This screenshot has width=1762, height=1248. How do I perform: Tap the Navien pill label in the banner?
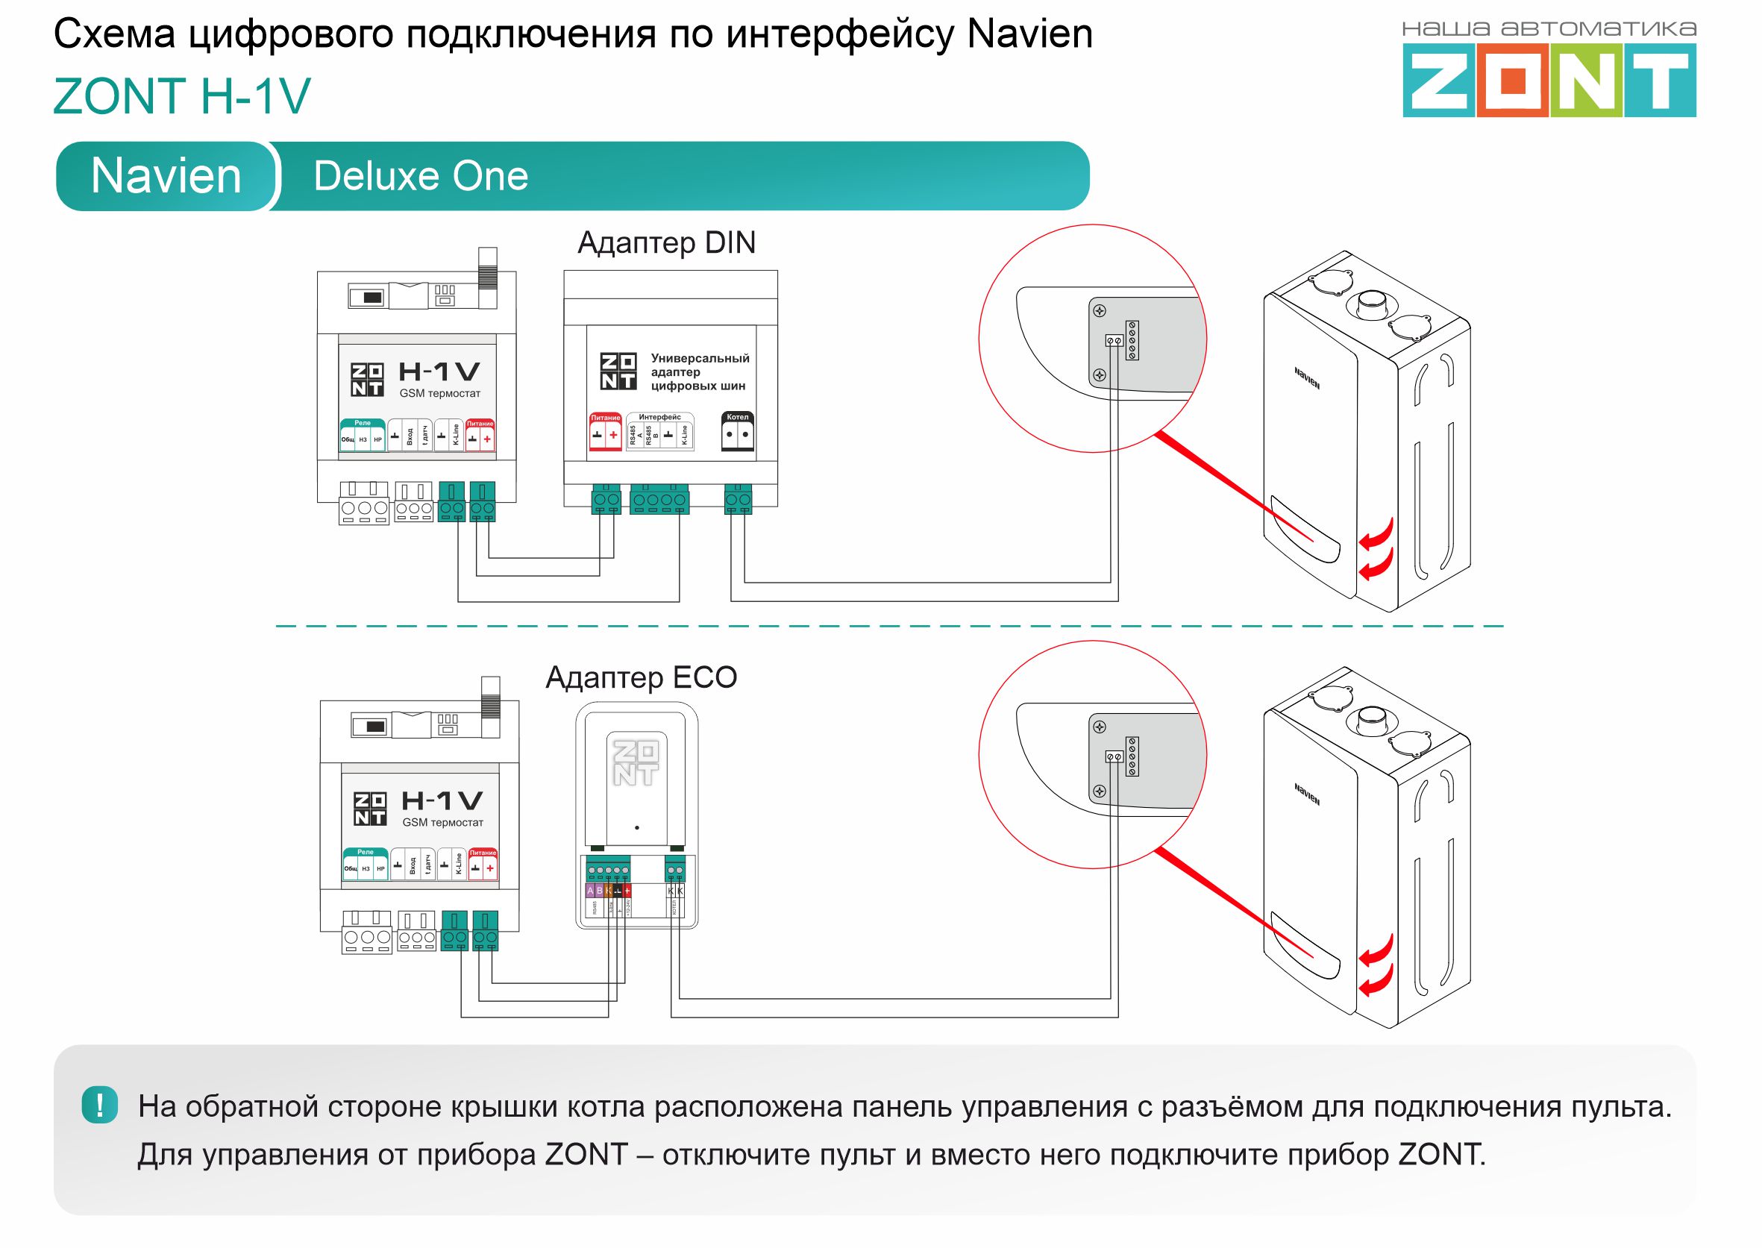click(x=166, y=176)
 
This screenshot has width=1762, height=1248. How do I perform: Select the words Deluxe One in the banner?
click(x=420, y=176)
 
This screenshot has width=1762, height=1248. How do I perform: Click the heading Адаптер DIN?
click(x=666, y=243)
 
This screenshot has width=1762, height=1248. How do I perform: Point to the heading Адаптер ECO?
click(x=641, y=678)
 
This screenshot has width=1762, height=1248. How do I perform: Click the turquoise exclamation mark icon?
click(x=100, y=1106)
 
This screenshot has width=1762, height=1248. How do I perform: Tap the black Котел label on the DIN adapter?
click(x=738, y=417)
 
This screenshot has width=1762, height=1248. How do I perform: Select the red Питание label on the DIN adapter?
click(x=605, y=418)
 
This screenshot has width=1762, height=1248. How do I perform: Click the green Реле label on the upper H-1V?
click(x=363, y=424)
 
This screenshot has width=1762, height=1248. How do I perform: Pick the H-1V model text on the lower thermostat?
click(x=442, y=800)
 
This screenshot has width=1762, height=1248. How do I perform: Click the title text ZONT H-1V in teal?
click(x=182, y=96)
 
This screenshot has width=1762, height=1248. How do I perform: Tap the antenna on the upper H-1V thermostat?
click(x=488, y=277)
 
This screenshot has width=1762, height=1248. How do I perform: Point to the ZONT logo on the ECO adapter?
click(x=636, y=762)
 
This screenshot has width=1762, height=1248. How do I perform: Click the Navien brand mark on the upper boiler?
click(x=1306, y=378)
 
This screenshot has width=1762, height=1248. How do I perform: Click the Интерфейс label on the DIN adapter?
click(x=659, y=417)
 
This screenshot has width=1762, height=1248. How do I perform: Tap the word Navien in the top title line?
click(x=1029, y=34)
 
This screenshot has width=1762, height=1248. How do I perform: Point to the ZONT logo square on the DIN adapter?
click(x=618, y=371)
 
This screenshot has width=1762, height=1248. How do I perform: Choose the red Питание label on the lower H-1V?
click(x=483, y=852)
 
